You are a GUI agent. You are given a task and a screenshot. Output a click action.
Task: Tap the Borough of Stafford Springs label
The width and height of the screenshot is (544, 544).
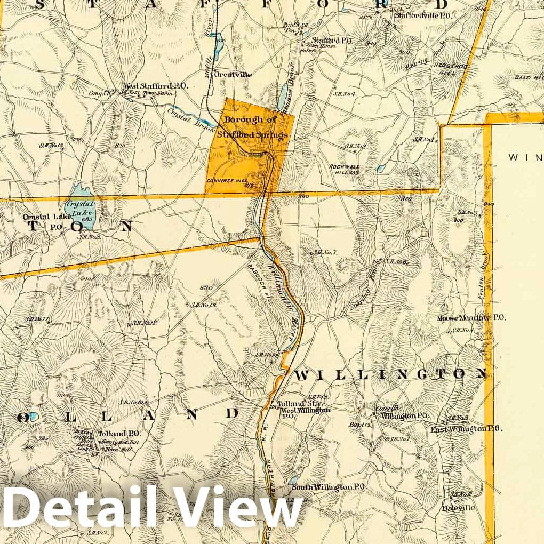tap(256, 127)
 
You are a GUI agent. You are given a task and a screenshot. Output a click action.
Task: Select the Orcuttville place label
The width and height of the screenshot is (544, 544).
tap(233, 75)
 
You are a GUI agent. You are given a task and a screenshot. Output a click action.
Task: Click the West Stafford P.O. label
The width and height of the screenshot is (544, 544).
tap(147, 85)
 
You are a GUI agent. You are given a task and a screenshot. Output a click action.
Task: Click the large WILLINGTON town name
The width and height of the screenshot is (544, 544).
tap(390, 374)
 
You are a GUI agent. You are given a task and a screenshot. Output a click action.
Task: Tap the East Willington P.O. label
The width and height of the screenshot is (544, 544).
tap(466, 428)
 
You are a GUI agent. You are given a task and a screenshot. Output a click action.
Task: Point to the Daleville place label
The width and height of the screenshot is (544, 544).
tap(458, 508)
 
